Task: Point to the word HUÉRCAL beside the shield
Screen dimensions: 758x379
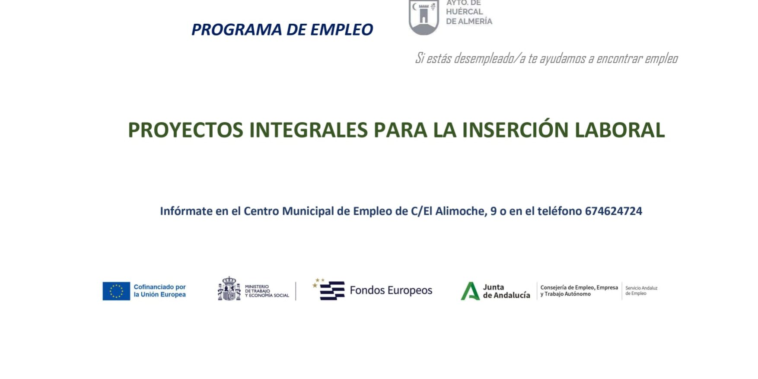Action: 465,12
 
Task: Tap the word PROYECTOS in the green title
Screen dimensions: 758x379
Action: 185,130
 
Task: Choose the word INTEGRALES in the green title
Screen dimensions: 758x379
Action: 309,130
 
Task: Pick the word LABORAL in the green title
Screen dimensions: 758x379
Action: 620,130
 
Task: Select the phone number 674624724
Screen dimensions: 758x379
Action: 613,211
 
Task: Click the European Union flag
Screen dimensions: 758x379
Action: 116,291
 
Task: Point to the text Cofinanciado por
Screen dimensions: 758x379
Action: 159,287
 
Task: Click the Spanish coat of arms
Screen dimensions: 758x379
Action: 229,289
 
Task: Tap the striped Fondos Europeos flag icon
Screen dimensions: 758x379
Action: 329,289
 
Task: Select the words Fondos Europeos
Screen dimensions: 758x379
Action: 391,290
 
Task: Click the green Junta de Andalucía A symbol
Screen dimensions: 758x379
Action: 470,291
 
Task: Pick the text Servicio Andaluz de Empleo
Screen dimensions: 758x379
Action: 641,291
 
